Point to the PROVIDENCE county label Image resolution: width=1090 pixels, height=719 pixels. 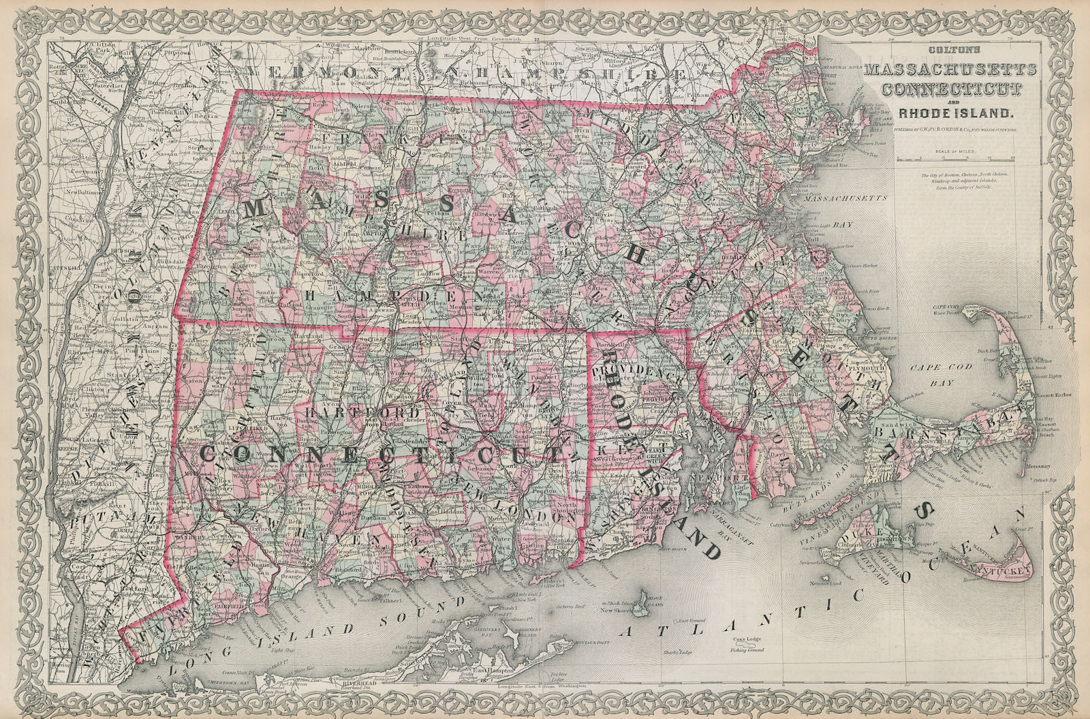point(637,373)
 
